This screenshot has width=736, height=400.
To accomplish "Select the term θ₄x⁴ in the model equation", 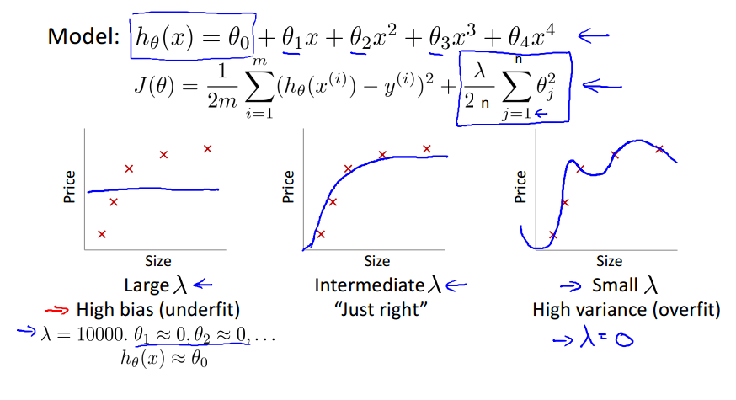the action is (x=533, y=37).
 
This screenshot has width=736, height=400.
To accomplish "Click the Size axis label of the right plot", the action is (x=609, y=261).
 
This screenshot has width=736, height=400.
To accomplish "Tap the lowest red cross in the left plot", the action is (x=102, y=234).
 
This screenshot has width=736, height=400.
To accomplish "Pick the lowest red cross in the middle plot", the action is (x=320, y=234).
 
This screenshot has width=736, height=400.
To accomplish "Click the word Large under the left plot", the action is (x=147, y=285).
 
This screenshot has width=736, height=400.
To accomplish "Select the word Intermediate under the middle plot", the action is (x=371, y=285).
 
